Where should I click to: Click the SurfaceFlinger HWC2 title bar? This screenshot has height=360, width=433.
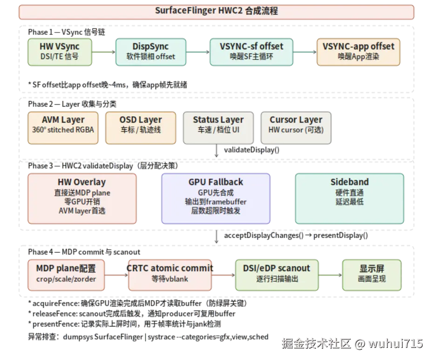click(216, 11)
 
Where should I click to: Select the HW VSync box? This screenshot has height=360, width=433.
click(60, 51)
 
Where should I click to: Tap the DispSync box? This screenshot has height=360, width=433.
click(150, 51)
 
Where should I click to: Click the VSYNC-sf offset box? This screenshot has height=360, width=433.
click(251, 51)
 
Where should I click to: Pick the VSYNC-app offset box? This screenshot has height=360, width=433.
click(358, 51)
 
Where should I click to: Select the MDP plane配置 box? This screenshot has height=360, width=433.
click(66, 273)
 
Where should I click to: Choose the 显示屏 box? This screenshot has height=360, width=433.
click(371, 273)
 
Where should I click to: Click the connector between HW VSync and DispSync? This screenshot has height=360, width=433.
click(103, 51)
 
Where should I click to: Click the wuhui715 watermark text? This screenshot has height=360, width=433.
click(395, 344)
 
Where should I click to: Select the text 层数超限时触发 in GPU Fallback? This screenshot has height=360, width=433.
click(216, 211)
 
